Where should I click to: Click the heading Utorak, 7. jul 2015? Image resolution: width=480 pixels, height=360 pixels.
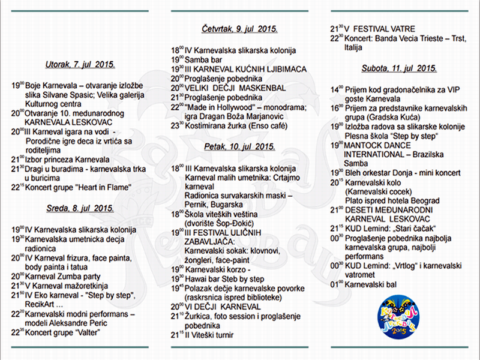coord(80,64)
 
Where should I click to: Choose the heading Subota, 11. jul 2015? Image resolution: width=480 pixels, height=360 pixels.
coord(398,68)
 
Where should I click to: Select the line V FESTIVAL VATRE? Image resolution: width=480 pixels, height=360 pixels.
coord(388,28)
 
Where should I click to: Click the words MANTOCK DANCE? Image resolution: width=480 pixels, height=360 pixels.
coord(379,146)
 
